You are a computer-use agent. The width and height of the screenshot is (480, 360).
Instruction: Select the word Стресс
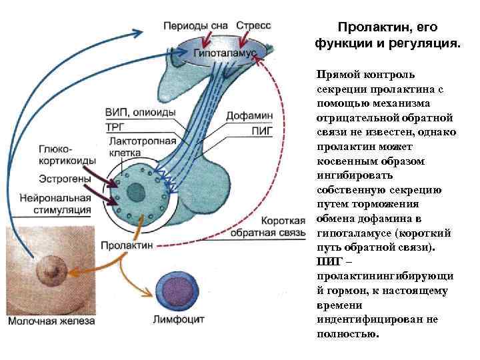(x=254, y=26)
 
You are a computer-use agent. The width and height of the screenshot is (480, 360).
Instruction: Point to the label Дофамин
(x=249, y=115)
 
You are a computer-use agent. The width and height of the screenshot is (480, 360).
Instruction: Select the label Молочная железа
(x=51, y=321)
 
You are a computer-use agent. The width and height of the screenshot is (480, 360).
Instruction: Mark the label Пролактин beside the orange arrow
(x=127, y=245)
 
